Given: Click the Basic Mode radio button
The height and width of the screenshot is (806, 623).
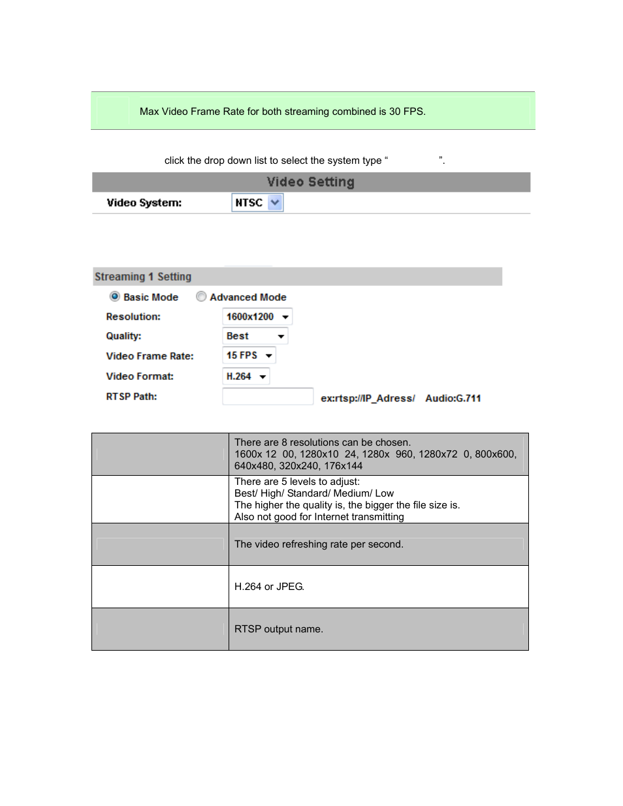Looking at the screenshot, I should [x=115, y=297].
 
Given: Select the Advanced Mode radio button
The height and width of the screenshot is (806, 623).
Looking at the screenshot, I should [x=201, y=297].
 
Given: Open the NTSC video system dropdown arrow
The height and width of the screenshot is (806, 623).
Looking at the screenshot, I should [x=276, y=203].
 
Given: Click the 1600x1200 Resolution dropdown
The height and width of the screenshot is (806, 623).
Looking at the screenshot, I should [x=257, y=317].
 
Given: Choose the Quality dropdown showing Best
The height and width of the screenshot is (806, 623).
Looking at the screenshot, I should [x=255, y=336].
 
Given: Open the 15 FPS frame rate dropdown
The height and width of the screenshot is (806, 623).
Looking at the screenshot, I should [x=249, y=356].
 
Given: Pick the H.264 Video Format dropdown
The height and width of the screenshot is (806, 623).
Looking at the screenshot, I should [x=246, y=377].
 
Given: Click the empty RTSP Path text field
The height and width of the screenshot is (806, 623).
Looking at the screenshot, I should [x=268, y=397].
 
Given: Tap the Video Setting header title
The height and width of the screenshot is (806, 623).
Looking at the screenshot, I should [x=311, y=182].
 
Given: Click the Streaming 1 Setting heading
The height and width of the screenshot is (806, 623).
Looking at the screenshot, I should [x=143, y=277].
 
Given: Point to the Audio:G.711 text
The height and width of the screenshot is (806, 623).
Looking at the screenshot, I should [x=453, y=398].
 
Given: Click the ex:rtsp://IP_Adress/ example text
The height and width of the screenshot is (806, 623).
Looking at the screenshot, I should [x=368, y=398].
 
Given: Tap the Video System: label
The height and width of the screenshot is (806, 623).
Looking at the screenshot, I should [x=144, y=203].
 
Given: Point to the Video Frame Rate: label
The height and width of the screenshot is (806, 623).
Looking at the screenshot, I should [x=150, y=356].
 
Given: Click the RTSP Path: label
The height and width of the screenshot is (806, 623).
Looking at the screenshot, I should [x=132, y=397].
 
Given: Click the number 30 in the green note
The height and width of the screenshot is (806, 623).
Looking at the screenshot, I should [x=395, y=112].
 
